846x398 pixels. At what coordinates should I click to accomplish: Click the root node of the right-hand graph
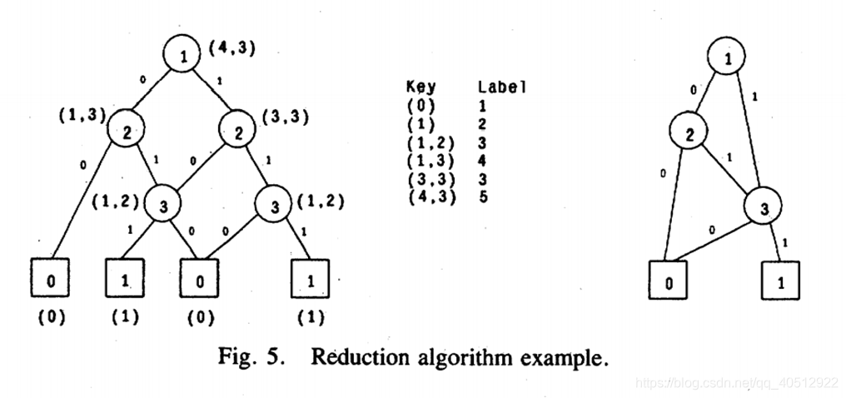point(729,57)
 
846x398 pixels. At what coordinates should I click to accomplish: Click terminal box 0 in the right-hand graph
point(669,281)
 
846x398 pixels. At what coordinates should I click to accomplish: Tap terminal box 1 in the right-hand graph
point(780,281)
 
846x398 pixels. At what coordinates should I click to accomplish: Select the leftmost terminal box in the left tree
point(51,279)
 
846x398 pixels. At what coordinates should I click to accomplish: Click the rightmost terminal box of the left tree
point(310,279)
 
